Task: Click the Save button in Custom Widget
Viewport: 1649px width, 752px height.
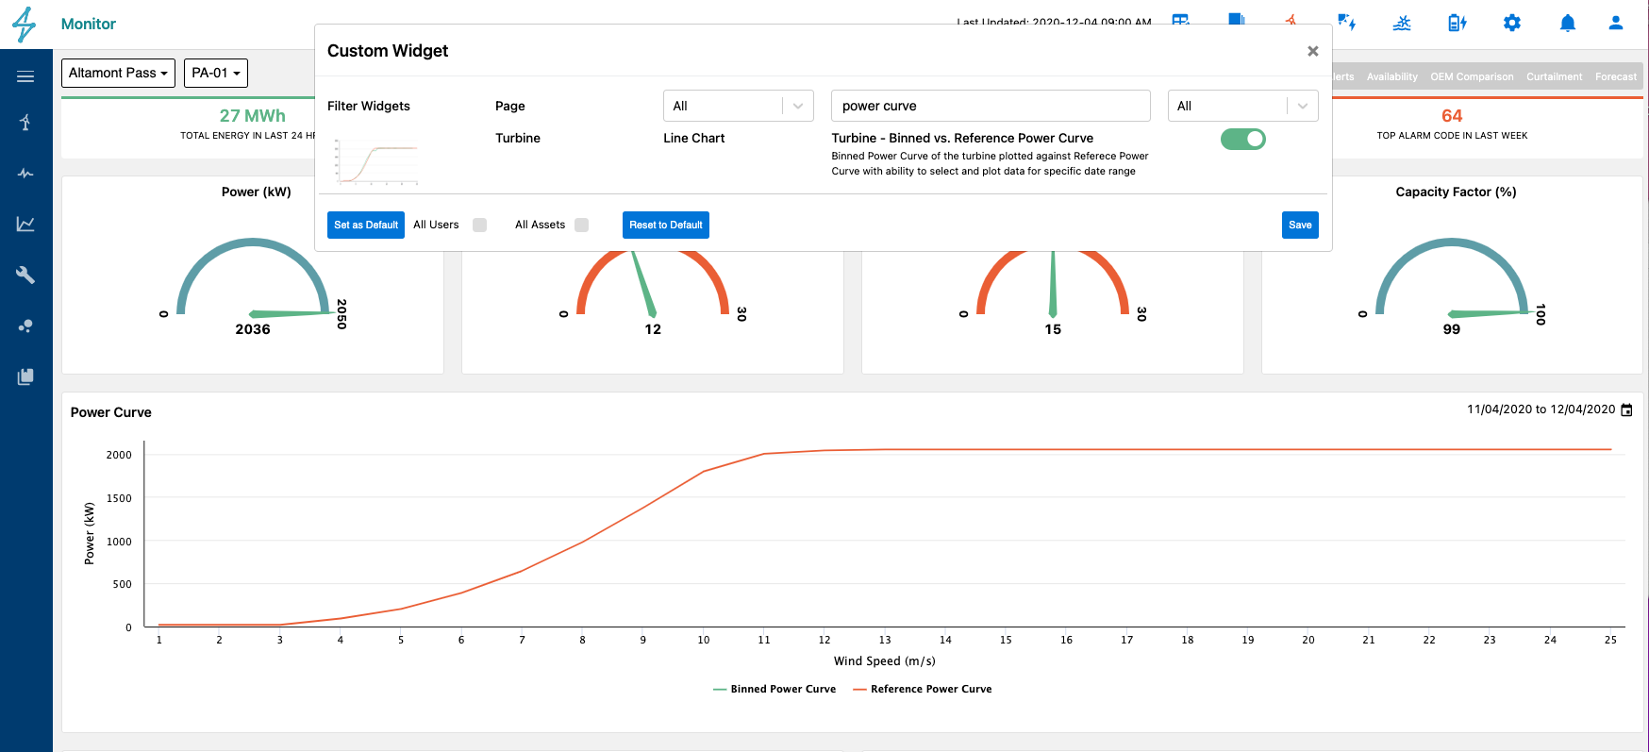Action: pos(1300,225)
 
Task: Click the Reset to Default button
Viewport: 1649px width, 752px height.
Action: pos(665,225)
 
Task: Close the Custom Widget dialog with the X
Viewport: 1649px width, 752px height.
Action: pos(1312,51)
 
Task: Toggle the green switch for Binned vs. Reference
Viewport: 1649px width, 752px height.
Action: pos(1242,140)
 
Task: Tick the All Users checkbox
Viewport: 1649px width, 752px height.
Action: pos(479,225)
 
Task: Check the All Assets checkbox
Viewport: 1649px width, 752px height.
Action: pos(581,225)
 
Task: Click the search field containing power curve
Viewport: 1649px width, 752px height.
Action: pos(990,106)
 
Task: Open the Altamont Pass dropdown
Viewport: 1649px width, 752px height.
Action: pos(118,73)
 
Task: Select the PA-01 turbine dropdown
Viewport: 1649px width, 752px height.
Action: pos(216,73)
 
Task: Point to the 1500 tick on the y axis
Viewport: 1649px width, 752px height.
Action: pos(119,498)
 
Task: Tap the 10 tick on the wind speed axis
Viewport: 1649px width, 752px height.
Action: pos(704,640)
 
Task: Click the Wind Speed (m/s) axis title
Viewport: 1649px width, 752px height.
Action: pos(884,661)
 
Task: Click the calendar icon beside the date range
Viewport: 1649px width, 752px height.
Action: pos(1625,409)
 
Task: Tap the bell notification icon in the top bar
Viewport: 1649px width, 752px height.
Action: pos(1567,24)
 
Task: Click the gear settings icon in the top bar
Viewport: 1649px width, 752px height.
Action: pos(1512,24)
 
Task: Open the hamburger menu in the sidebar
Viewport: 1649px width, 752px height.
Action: pos(25,76)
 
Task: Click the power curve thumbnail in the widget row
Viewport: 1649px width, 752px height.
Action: pos(377,161)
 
